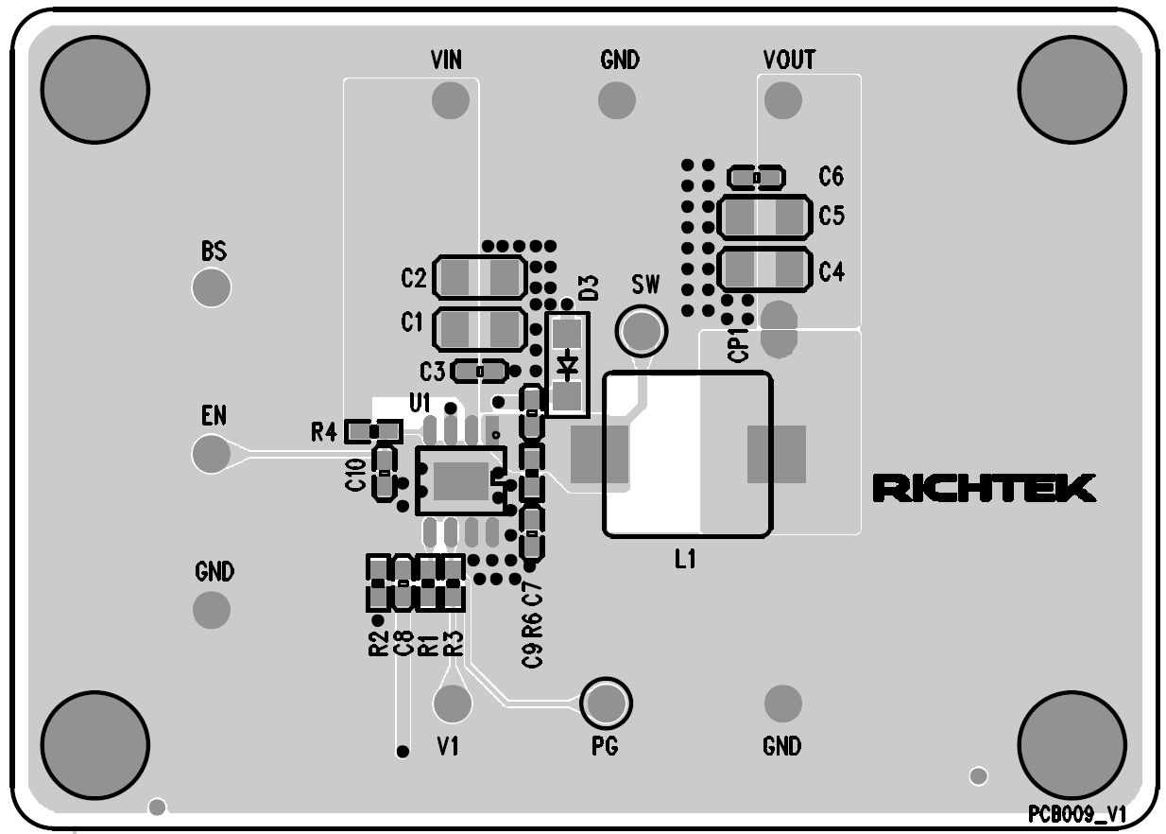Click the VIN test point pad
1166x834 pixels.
450,98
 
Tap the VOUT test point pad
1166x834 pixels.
782,99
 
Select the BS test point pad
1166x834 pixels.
212,287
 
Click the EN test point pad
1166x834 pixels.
211,453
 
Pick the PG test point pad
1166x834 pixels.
606,703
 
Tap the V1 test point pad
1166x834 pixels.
453,703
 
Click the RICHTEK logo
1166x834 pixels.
984,488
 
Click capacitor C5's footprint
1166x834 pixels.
764,217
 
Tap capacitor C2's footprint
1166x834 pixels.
479,278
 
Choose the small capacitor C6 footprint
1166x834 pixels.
756,177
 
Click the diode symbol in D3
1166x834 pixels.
567,363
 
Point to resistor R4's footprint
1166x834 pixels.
373,432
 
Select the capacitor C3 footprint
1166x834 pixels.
480,371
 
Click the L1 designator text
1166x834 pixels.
685,560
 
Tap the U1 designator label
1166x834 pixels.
420,401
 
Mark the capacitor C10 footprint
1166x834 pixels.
384,472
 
